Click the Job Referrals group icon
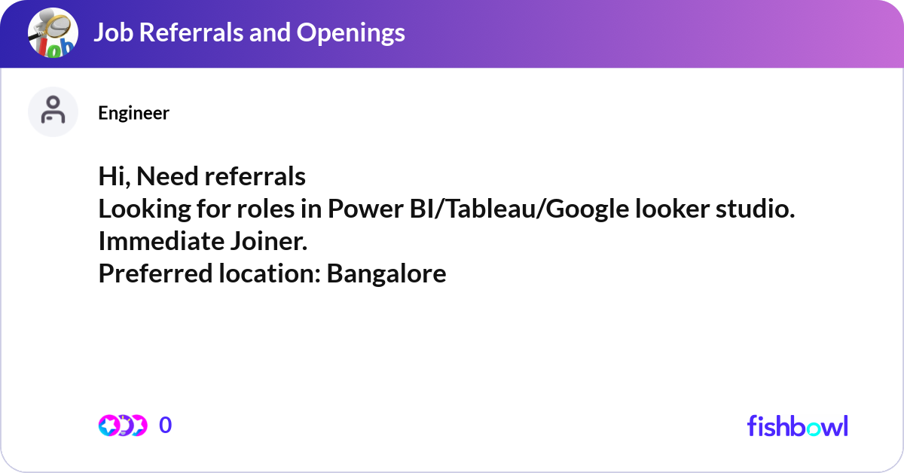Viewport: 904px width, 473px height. coord(53,34)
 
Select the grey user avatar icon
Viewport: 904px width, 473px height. coord(53,111)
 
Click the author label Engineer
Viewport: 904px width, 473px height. coord(133,113)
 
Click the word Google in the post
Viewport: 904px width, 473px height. coord(585,209)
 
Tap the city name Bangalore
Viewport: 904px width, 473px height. coord(386,274)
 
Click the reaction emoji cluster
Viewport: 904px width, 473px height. coord(122,426)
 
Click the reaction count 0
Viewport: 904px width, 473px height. coord(166,426)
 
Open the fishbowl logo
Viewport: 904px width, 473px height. coord(797,426)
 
